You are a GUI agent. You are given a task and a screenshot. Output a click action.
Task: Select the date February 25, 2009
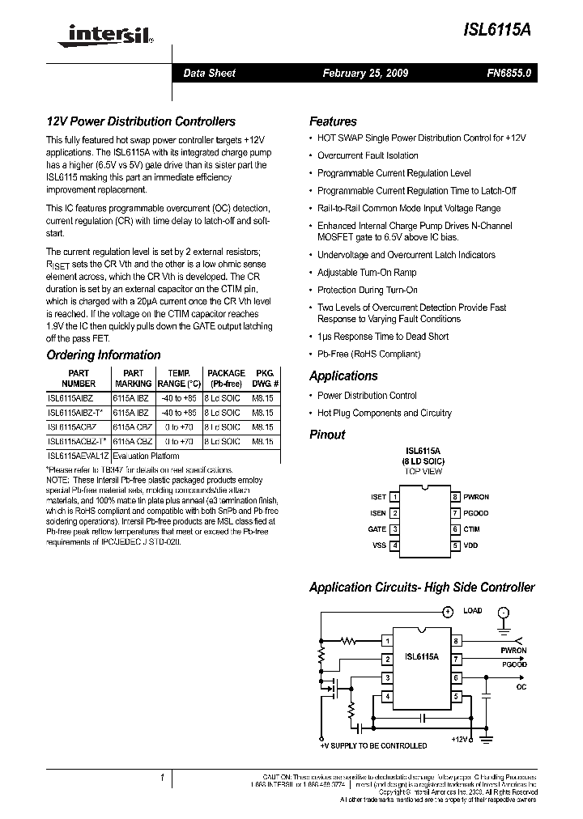click(x=365, y=73)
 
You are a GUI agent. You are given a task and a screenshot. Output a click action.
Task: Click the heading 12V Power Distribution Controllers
click(x=141, y=121)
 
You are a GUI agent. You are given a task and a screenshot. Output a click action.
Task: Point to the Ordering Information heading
click(x=104, y=354)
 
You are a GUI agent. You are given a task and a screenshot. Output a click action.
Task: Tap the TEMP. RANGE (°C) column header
click(x=179, y=378)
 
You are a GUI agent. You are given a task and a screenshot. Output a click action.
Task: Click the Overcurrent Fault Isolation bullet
click(x=368, y=155)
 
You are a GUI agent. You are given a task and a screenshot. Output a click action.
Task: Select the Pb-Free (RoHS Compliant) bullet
click(x=368, y=354)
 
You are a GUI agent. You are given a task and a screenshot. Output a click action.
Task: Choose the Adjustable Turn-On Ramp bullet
click(x=367, y=273)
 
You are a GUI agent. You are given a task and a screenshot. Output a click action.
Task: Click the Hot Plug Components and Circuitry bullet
click(x=384, y=413)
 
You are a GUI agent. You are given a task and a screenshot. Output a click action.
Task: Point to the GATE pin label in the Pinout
click(x=377, y=529)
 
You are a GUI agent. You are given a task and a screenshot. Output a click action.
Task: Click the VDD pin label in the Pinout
click(x=470, y=545)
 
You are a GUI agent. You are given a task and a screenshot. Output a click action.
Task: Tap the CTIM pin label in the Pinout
click(x=471, y=529)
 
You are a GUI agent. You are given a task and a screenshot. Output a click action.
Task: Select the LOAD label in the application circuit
click(x=472, y=610)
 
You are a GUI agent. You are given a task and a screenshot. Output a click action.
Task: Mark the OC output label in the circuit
click(x=521, y=686)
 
